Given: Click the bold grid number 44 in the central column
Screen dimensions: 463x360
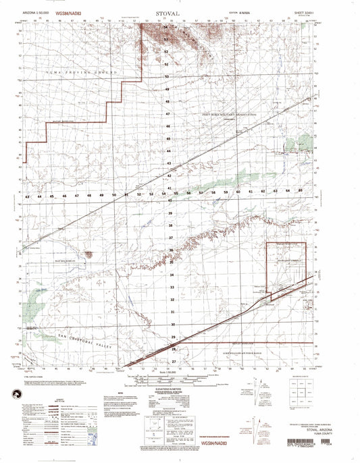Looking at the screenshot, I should [x=167, y=151].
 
